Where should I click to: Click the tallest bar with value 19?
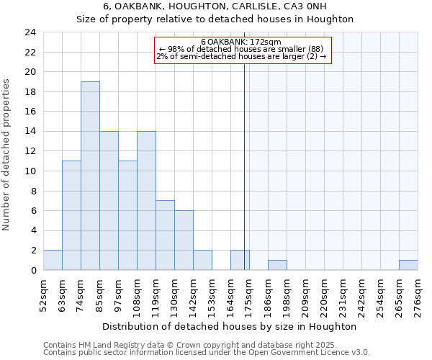click(90, 176)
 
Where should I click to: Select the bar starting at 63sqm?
click(71, 215)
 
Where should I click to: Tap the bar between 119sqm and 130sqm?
click(165, 235)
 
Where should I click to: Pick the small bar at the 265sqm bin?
click(408, 265)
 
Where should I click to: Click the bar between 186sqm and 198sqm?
click(277, 265)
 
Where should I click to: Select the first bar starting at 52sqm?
click(53, 260)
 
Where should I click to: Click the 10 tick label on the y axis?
click(30, 171)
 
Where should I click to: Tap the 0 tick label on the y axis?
click(33, 271)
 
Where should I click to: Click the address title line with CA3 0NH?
click(215, 6)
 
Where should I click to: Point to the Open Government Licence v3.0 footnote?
click(207, 353)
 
